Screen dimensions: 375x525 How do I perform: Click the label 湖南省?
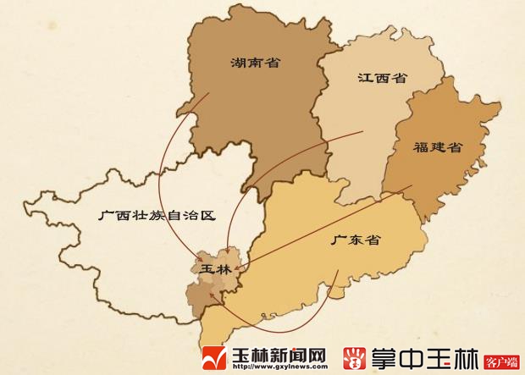click(x=256, y=63)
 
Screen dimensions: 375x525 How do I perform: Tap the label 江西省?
click(x=382, y=79)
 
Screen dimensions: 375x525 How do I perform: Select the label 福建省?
click(x=437, y=147)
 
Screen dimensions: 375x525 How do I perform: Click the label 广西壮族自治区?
click(x=157, y=216)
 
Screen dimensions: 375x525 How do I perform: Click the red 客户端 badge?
click(x=501, y=361)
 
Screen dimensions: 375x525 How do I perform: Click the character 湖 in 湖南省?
click(x=238, y=63)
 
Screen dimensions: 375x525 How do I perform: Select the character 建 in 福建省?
click(x=437, y=147)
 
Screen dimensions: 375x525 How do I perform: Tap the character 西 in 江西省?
click(x=382, y=79)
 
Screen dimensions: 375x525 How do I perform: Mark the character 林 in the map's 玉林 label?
click(x=224, y=268)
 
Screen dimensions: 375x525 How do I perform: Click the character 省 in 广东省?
click(x=373, y=240)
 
